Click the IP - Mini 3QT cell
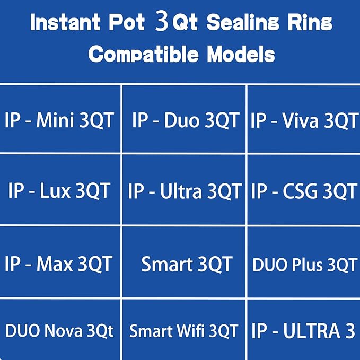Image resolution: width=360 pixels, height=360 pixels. [x=59, y=120]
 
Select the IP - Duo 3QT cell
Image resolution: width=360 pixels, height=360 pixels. [x=185, y=120]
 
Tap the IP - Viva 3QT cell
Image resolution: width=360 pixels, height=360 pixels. [x=304, y=120]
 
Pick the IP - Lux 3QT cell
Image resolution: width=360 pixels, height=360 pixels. [x=59, y=190]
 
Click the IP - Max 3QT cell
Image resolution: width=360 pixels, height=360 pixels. [x=59, y=264]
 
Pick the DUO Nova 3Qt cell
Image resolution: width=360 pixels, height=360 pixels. [x=59, y=331]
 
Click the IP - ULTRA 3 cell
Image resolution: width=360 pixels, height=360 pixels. [x=303, y=330]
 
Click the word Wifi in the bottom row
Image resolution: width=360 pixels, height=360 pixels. [x=191, y=331]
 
